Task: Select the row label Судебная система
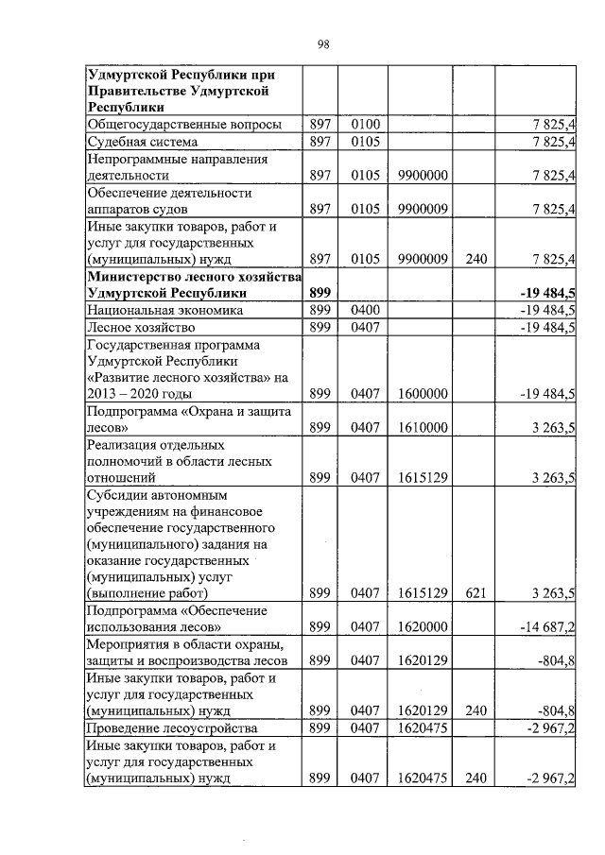pyautogui.click(x=142, y=142)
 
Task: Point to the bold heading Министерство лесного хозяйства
pyautogui.click(x=193, y=276)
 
